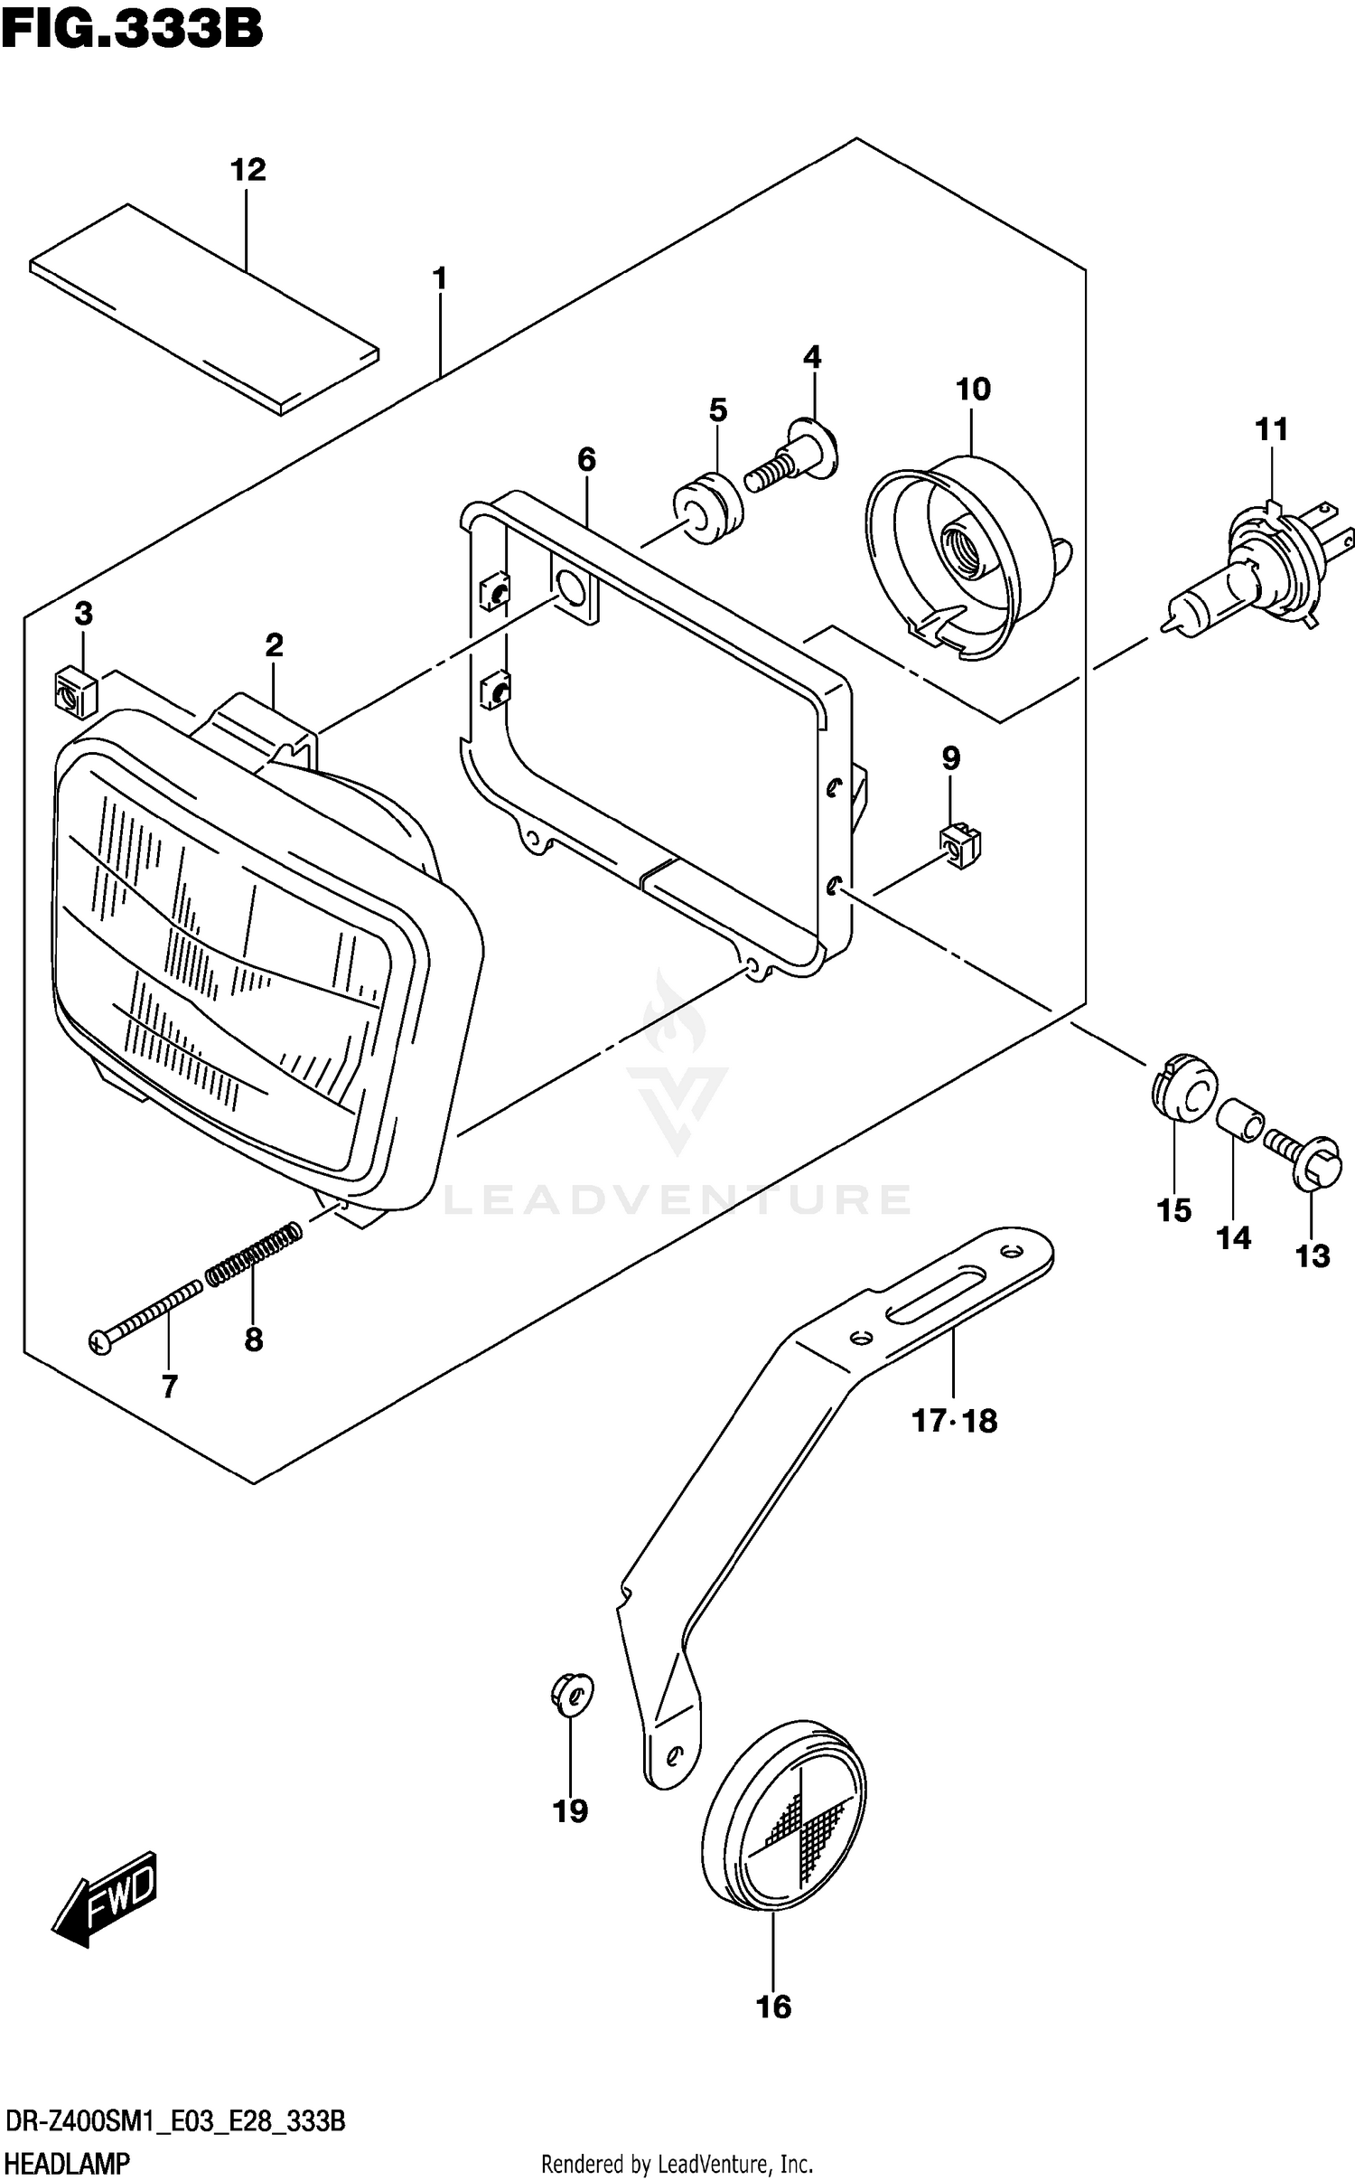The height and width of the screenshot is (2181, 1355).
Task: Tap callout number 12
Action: (248, 169)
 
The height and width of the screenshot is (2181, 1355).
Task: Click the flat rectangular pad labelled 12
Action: (204, 309)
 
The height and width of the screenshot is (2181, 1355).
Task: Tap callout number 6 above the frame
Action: (586, 460)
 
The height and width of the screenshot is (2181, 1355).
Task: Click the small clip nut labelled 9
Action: (961, 846)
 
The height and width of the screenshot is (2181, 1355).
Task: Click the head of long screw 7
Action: (100, 1342)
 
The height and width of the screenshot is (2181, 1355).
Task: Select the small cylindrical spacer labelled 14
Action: (1237, 1121)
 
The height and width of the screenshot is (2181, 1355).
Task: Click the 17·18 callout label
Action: (954, 1421)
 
